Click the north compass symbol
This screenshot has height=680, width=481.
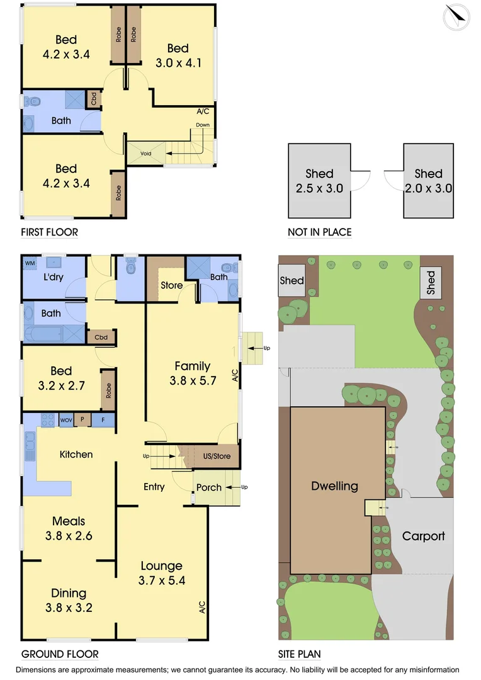[x=456, y=17]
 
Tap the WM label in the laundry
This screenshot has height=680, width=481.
[x=30, y=263]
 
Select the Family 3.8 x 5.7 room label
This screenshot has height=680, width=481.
[x=192, y=373]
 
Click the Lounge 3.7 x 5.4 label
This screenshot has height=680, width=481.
[x=161, y=573]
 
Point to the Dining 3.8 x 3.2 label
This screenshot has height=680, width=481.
[x=69, y=600]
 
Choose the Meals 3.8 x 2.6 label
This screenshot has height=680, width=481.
[x=69, y=528]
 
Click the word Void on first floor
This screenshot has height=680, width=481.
[x=145, y=153]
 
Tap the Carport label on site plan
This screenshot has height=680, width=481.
[x=423, y=536]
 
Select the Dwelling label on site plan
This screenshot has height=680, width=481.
[x=334, y=486]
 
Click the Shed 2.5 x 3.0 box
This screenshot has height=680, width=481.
[x=319, y=181]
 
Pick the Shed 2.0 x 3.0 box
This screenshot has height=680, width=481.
[x=428, y=181]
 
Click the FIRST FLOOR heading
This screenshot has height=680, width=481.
[x=49, y=232]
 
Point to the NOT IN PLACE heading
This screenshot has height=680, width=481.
[x=319, y=232]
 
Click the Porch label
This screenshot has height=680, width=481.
[x=208, y=487]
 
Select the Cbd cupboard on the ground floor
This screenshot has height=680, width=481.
[x=101, y=337]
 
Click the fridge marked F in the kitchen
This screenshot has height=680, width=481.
[x=103, y=420]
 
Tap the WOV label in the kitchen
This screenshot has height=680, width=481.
[x=66, y=420]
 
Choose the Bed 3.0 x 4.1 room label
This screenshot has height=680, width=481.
[x=178, y=55]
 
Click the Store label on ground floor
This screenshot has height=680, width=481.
[x=171, y=285]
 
